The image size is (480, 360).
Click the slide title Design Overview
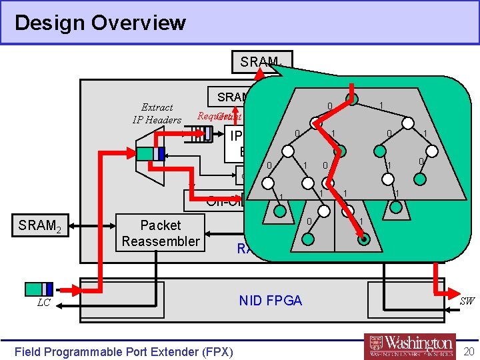point(100,23)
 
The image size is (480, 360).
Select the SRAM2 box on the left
point(39,225)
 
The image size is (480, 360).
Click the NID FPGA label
point(270,301)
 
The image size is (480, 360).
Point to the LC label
point(44,304)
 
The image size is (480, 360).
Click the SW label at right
point(467,301)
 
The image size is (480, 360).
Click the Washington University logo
point(410,346)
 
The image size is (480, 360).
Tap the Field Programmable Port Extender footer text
point(123,351)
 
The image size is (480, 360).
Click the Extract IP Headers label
point(157,113)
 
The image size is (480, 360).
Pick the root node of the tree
point(351,99)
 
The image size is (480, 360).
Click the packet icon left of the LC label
point(39,289)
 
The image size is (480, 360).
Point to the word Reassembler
point(160,241)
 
